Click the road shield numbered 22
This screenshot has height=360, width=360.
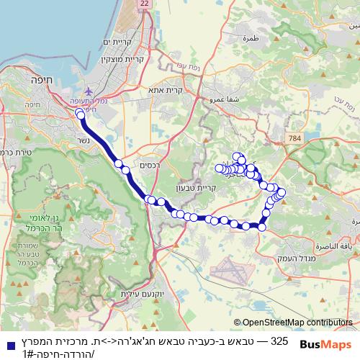[x=145, y=4]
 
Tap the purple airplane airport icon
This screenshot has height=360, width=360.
[x=89, y=92]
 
